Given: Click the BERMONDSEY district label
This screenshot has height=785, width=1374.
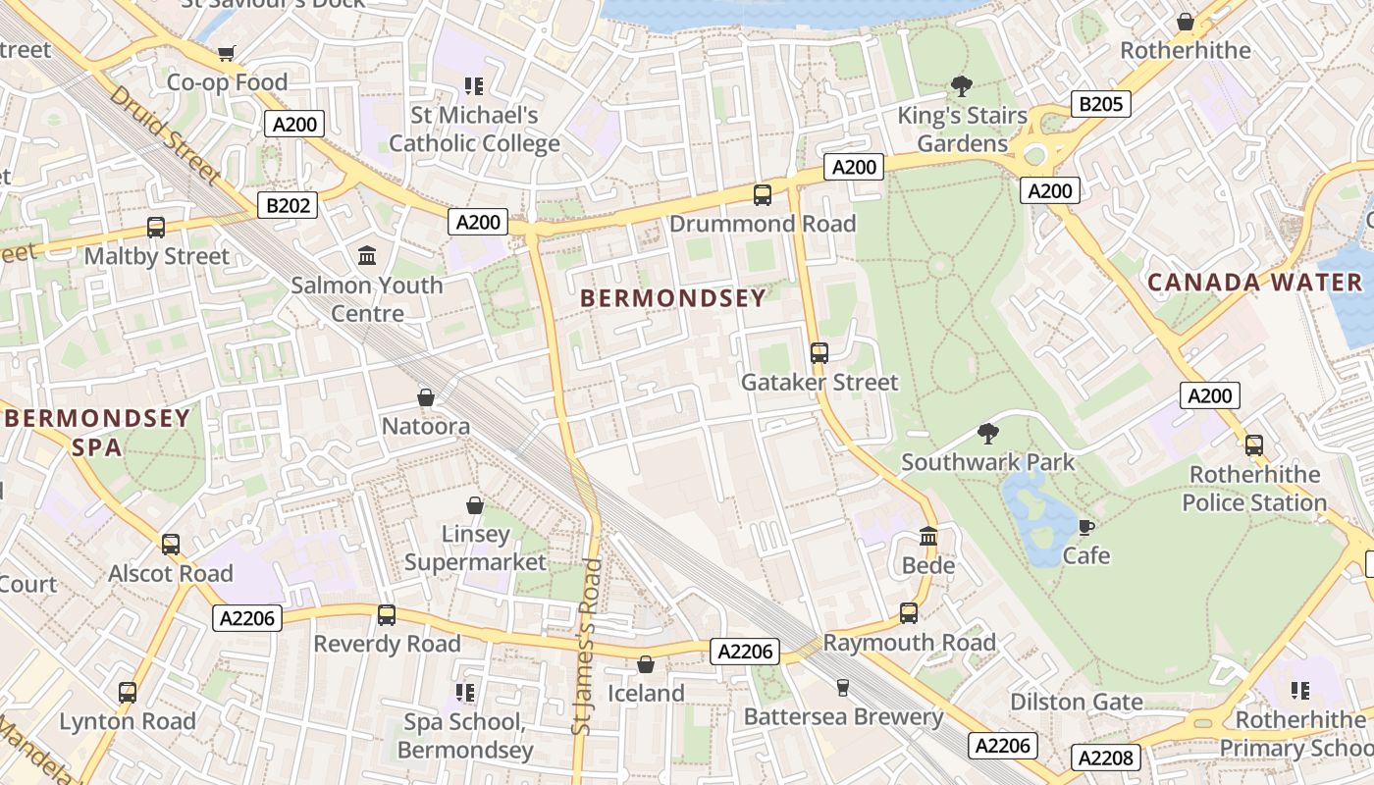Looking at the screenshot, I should pyautogui.click(x=672, y=298).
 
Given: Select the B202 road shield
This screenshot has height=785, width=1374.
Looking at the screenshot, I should pyautogui.click(x=289, y=205).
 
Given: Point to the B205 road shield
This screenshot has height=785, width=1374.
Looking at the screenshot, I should pyautogui.click(x=1101, y=104).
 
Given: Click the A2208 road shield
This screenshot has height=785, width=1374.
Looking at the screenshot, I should pyautogui.click(x=1106, y=758).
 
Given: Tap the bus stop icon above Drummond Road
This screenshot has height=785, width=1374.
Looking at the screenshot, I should pyautogui.click(x=763, y=194).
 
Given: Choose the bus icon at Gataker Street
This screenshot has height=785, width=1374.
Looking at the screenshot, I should pyautogui.click(x=819, y=353).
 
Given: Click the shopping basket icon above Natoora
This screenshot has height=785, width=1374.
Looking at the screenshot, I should pyautogui.click(x=426, y=397).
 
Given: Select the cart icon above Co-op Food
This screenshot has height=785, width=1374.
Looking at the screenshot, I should pyautogui.click(x=227, y=53).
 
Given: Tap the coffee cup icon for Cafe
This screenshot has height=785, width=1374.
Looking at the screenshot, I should pyautogui.click(x=1086, y=527).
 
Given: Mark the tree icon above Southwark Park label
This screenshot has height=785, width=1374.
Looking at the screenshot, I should pyautogui.click(x=988, y=433).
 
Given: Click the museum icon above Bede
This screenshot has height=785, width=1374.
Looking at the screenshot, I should pyautogui.click(x=928, y=536).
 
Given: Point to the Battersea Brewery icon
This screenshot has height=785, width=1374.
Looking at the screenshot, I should pyautogui.click(x=842, y=688).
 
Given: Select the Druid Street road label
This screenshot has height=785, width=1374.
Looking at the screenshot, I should pyautogui.click(x=163, y=134).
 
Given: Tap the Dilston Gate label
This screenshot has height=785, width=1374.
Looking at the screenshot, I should pyautogui.click(x=1077, y=702).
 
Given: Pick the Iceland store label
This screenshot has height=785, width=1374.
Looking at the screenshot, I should pyautogui.click(x=646, y=693).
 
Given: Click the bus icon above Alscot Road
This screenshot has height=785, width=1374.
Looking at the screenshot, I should pyautogui.click(x=171, y=544).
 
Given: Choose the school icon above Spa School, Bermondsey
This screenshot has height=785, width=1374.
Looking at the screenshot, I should pyautogui.click(x=465, y=693).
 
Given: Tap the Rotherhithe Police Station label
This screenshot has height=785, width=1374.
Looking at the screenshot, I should pyautogui.click(x=1254, y=489).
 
